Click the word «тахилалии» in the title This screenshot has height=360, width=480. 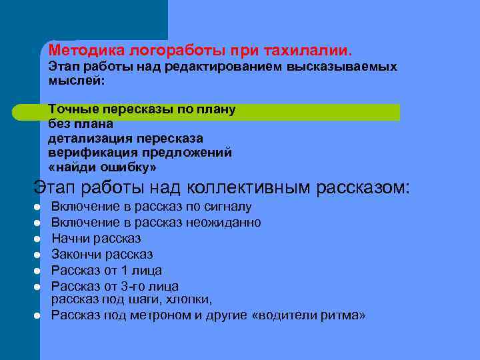coord(309,50)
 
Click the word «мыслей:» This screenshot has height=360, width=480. coord(77,80)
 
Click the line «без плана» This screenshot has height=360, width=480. coord(81,123)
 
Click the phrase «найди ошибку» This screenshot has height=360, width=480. coord(102,167)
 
